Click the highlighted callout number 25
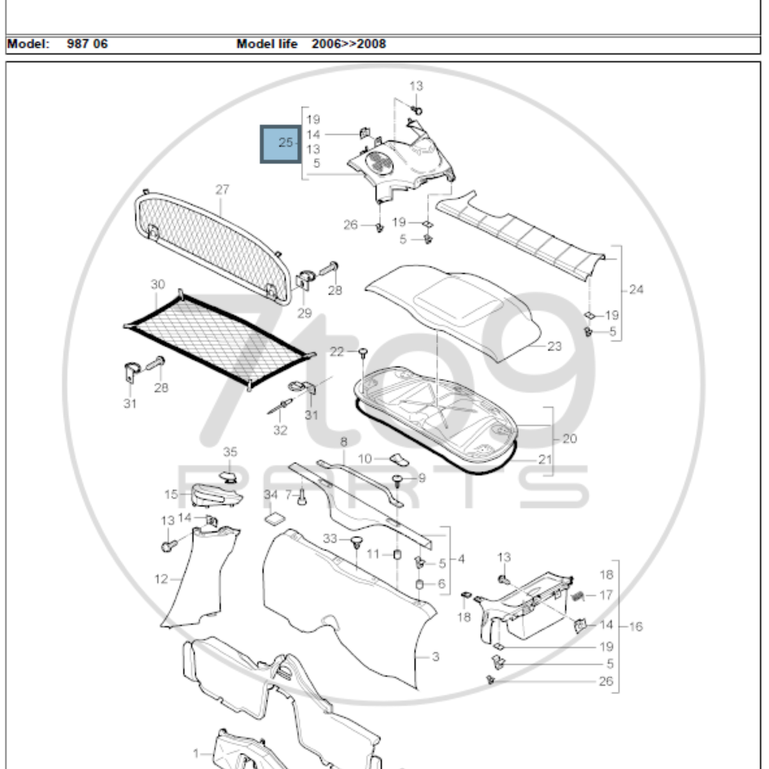pyautogui.click(x=285, y=142)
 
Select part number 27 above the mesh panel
pyautogui.click(x=222, y=190)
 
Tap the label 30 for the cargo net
pyautogui.click(x=158, y=284)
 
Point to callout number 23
pyautogui.click(x=554, y=346)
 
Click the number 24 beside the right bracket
pyautogui.click(x=636, y=290)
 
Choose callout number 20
pyautogui.click(x=569, y=439)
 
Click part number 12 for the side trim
pyautogui.click(x=161, y=579)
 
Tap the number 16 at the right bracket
pyautogui.click(x=636, y=626)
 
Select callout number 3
pyautogui.click(x=435, y=657)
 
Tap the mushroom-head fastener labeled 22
pyautogui.click(x=363, y=351)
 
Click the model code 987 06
pyautogui.click(x=87, y=44)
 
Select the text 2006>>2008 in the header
pyautogui.click(x=349, y=44)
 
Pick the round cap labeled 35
pyautogui.click(x=229, y=475)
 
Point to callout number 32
pyautogui.click(x=280, y=430)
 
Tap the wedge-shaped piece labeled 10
pyautogui.click(x=400, y=459)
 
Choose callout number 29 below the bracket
pyautogui.click(x=304, y=313)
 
